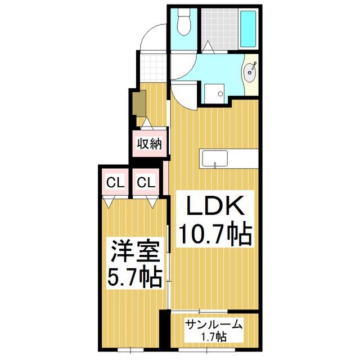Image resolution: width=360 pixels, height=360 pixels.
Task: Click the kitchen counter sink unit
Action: point(215,159)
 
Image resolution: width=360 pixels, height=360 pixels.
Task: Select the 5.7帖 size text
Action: point(135,277)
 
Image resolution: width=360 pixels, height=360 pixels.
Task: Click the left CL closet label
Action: point(115,182)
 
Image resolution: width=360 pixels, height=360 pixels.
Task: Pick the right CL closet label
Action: point(146,182)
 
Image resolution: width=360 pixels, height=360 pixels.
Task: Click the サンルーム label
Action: point(214,324)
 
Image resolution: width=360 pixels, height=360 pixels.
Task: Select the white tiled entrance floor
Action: point(152,66)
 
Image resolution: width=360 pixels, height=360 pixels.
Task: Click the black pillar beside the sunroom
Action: point(164,329)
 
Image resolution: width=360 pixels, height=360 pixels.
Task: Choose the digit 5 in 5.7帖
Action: point(114,277)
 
